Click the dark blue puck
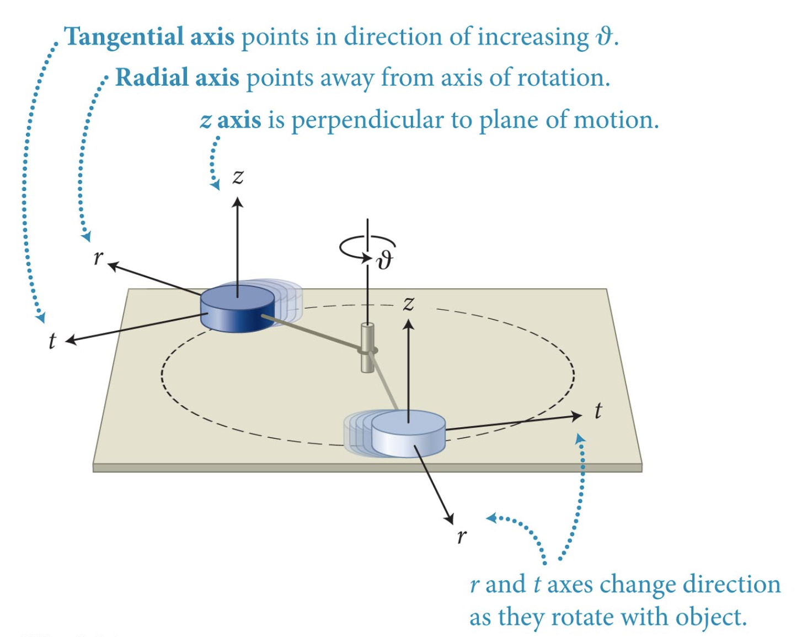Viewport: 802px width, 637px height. [x=237, y=309]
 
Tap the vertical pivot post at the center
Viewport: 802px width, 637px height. [x=368, y=348]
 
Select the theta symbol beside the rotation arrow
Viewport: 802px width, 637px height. [x=384, y=259]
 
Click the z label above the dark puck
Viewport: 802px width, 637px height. [x=238, y=177]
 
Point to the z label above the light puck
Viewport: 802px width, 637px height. [x=408, y=303]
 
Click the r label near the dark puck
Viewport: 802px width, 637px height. [x=98, y=257]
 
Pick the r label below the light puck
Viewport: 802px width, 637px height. [x=462, y=535]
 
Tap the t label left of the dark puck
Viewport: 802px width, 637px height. [x=52, y=341]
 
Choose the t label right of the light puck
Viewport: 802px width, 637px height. [x=598, y=411]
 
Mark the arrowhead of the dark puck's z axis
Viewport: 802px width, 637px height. [x=238, y=202]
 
